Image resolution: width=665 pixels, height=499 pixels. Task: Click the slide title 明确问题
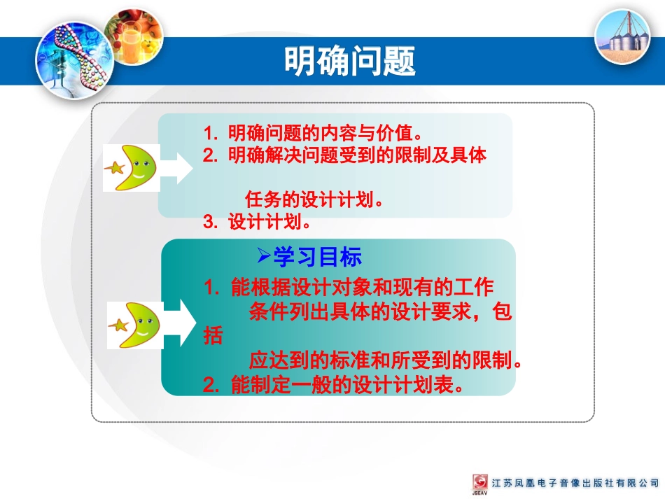click(349, 61)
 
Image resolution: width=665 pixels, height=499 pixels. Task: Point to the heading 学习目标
click(317, 258)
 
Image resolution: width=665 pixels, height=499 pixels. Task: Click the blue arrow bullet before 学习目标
click(263, 255)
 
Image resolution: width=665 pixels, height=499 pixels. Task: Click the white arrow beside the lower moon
click(180, 323)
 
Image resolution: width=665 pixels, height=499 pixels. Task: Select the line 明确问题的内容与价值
click(313, 132)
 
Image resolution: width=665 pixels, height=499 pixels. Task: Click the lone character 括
click(213, 337)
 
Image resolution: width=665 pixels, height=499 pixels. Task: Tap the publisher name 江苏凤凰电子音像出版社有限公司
click(575, 483)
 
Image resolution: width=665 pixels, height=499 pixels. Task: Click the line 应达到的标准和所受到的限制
click(386, 361)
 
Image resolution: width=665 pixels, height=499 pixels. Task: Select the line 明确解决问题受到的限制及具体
click(344, 155)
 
